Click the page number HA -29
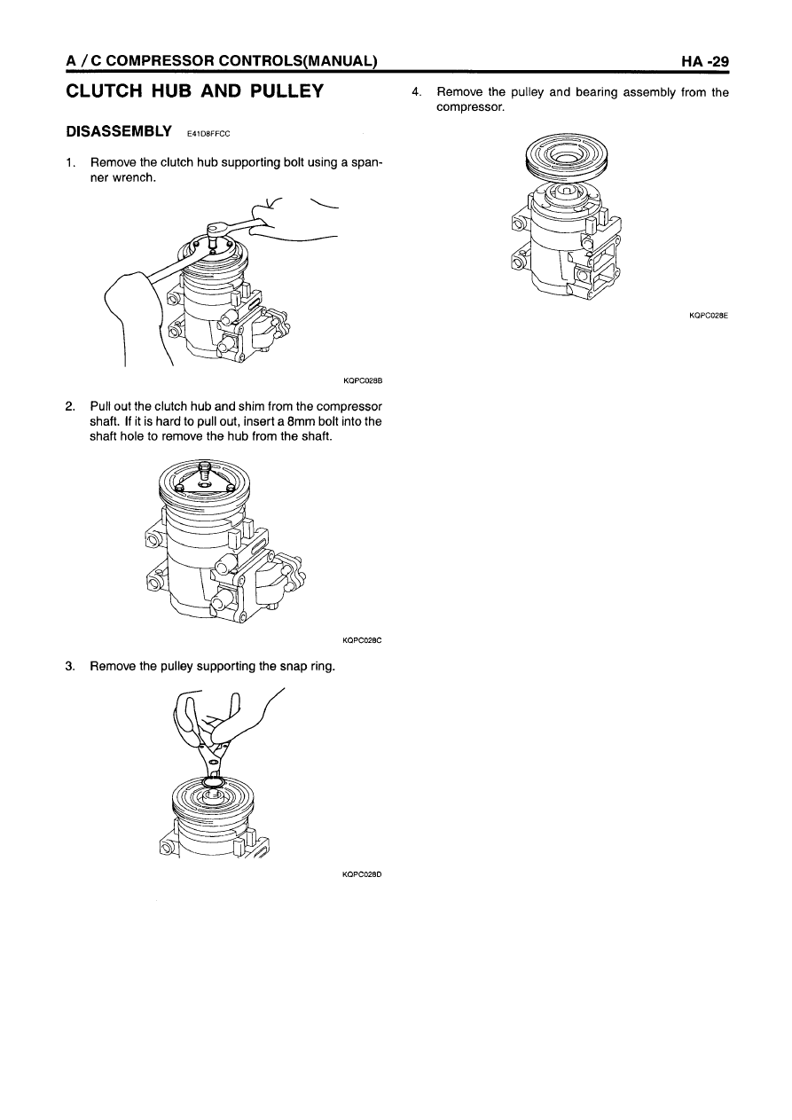pos(705,61)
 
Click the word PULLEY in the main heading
pos(286,91)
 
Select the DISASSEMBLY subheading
pos(119,131)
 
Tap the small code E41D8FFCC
pos(208,134)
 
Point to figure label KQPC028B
pos(363,380)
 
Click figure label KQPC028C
pos(362,640)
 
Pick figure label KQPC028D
pos(362,874)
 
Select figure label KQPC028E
pos(709,316)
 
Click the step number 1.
pos(70,162)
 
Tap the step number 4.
pos(416,92)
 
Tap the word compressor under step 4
pos(471,107)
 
